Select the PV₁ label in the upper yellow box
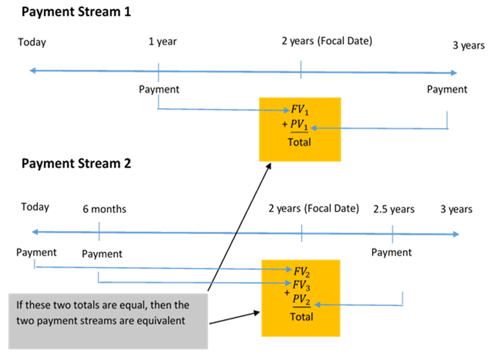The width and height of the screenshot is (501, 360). pos(299,126)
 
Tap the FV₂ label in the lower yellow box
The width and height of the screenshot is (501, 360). pos(302,271)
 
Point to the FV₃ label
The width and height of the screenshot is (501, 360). pos(302,285)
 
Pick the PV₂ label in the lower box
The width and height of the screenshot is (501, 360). pos(302,300)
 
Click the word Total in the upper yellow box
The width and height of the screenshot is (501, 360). pos(299,142)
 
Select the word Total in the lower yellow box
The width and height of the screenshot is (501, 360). pos(301,316)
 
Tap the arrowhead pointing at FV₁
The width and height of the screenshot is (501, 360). pos(286,110)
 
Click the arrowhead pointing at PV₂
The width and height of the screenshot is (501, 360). pos(317,305)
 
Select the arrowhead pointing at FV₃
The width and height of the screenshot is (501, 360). pos(288,283)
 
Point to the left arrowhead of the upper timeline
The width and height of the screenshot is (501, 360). pos(32,71)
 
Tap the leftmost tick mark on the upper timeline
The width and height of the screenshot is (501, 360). pos(158,72)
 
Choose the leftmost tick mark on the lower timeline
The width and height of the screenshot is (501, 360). pos(99,231)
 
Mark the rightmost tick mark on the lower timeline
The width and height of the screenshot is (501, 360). pos(393,234)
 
